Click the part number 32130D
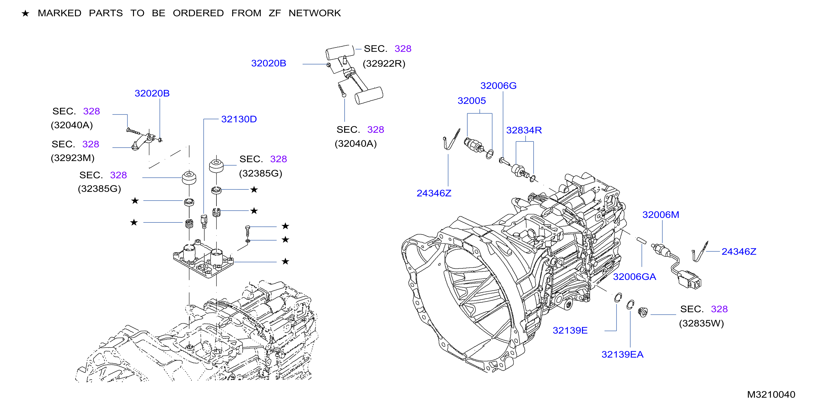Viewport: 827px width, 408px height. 239,119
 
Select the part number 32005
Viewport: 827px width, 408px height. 472,101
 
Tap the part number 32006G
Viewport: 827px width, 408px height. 498,86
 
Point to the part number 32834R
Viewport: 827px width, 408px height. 524,130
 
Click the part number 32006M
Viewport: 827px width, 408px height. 661,214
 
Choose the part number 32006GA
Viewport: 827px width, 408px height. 634,277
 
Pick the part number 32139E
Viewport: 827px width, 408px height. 570,330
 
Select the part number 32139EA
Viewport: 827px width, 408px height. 622,354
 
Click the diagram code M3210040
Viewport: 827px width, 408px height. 771,395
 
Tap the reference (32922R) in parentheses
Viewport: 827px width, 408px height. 384,64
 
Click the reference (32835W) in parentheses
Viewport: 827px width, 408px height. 702,323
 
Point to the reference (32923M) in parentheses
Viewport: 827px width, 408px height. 73,158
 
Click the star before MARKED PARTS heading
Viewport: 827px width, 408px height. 25,13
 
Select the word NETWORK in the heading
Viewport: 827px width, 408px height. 315,13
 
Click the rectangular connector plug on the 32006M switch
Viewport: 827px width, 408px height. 689,280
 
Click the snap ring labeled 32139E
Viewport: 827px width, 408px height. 618,297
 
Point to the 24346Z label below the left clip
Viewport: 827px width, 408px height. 434,193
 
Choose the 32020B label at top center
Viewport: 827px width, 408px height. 268,63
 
